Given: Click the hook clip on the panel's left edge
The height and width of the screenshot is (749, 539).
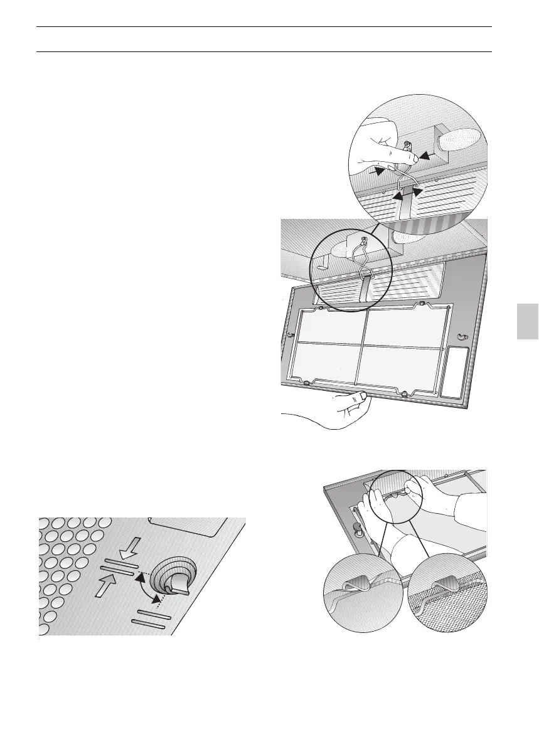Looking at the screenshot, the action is click(291, 336).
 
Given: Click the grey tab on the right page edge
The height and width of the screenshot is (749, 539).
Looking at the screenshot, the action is click(528, 321).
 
